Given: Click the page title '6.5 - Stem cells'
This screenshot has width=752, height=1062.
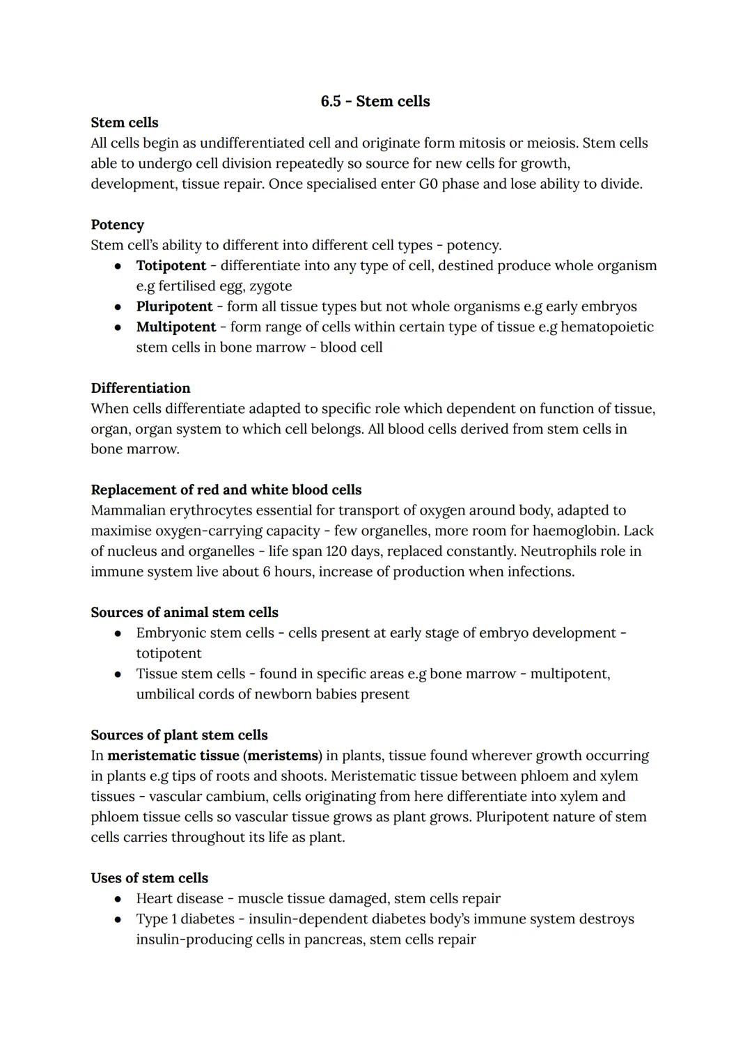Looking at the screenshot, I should coord(375,102).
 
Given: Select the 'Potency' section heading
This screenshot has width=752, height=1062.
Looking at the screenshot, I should coord(117,225).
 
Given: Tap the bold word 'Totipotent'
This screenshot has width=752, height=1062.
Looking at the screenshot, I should coord(171,266).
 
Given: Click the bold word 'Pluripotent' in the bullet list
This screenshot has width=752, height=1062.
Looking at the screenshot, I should coord(174,306).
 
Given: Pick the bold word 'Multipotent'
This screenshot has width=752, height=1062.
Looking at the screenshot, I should coord(176,327).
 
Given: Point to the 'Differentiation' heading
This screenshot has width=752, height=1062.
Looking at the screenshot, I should coord(140,388).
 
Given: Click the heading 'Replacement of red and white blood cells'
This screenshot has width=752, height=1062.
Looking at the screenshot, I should coord(226,490).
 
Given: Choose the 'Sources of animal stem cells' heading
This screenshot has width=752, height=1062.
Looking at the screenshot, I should coord(184,612).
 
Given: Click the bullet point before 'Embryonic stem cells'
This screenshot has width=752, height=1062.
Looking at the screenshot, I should coord(119,634).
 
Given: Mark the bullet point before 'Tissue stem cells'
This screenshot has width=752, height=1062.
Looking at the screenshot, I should coord(119,674).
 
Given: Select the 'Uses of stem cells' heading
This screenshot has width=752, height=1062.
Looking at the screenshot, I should coord(149,878).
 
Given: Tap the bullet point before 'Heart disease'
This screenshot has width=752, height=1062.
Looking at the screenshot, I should coord(119,899).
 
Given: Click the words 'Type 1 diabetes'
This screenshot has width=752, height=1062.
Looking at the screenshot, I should coord(185,919).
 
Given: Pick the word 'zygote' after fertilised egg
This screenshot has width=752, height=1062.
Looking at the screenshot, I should coord(269,286).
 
